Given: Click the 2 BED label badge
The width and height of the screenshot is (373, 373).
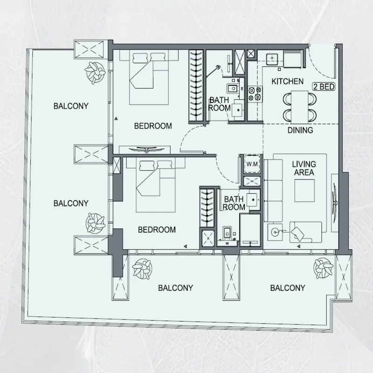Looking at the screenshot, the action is [x=324, y=87].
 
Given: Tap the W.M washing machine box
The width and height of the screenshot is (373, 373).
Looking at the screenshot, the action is [x=252, y=164].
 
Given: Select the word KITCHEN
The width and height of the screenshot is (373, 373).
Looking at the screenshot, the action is [x=287, y=81].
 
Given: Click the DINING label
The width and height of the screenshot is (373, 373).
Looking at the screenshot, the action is [x=300, y=130].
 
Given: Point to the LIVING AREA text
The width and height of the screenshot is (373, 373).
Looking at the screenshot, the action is [x=304, y=168].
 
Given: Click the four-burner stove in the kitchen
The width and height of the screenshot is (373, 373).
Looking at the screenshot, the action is [x=255, y=94].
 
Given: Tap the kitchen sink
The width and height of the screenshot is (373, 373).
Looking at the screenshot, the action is [x=272, y=59].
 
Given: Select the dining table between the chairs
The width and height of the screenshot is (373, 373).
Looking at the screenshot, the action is [x=300, y=107].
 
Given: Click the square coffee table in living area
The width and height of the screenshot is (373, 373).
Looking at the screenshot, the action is [x=304, y=191].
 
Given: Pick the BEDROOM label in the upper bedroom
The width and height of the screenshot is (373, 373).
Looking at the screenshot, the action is [x=153, y=126].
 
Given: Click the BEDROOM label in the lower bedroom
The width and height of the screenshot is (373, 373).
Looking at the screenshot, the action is [x=157, y=229].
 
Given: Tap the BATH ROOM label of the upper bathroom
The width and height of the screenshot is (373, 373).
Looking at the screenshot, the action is [x=219, y=104].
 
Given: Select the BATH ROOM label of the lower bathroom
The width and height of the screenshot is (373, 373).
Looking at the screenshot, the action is [x=234, y=203].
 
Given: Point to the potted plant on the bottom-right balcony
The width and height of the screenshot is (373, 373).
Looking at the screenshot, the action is [x=323, y=268].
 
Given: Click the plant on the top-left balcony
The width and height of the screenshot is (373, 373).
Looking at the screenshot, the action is [x=95, y=72].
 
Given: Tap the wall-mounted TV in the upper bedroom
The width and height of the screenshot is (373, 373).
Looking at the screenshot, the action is [x=146, y=150].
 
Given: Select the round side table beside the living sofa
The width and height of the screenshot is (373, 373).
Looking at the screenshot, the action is [x=276, y=231].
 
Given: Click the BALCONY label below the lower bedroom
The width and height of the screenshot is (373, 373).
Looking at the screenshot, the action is [x=176, y=288].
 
